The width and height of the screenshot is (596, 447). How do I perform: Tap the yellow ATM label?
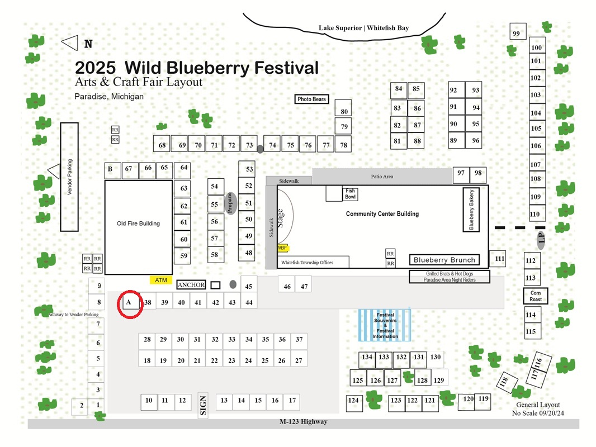tap(161, 280)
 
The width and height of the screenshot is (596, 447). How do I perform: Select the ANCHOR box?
tap(191, 285)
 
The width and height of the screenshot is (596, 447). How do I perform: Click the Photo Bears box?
tap(311, 99)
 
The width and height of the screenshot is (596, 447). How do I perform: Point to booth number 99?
tap(518, 31)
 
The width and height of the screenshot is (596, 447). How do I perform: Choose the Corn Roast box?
tap(536, 296)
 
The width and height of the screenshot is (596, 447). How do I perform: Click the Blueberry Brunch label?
tap(444, 260)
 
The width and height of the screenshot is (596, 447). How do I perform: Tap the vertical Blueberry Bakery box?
tap(471, 210)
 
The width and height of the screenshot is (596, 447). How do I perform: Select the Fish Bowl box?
tap(350, 194)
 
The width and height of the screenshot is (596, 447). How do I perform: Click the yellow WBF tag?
tap(282, 248)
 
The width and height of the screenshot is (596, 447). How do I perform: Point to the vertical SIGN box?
tap(203, 405)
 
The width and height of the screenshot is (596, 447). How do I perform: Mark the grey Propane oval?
tap(230, 203)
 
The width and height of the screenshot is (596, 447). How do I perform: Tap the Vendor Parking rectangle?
tap(69, 177)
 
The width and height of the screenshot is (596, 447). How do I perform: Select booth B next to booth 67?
tap(112, 170)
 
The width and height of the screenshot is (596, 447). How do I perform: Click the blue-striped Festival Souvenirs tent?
tap(385, 325)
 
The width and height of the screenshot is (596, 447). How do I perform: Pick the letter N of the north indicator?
tap(88, 44)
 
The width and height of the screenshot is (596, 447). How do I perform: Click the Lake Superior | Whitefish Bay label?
tap(363, 28)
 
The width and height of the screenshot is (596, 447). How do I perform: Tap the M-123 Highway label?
tap(303, 421)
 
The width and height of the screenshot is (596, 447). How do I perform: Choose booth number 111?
tap(498, 259)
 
